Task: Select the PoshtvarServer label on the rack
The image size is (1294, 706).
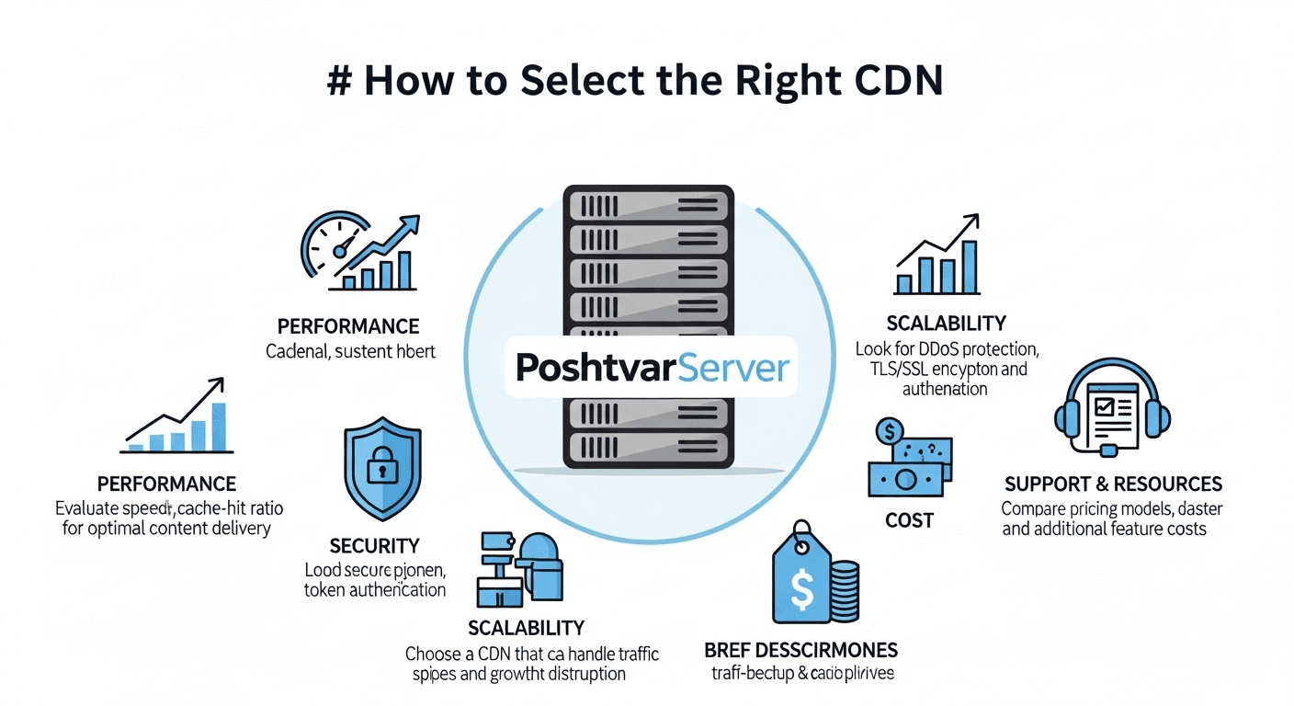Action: click(653, 368)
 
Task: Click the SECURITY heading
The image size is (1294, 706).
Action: click(374, 545)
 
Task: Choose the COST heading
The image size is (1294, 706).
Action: click(909, 520)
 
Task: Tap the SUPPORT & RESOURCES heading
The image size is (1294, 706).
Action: click(1113, 484)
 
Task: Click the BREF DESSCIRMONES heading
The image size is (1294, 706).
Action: click(800, 650)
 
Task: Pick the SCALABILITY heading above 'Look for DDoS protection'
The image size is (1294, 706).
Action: click(946, 323)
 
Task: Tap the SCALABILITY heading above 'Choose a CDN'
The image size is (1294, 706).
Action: click(526, 628)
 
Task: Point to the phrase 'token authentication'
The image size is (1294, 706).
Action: click(374, 590)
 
